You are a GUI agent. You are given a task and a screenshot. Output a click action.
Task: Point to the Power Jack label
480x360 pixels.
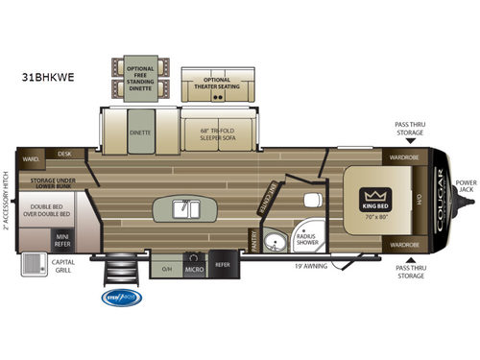[x=466, y=186]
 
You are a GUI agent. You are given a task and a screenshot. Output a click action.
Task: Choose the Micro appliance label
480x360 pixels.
[x=193, y=266]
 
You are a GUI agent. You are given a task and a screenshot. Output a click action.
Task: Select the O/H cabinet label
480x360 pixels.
[x=166, y=266]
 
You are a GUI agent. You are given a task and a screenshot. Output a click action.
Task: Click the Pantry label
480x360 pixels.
[x=254, y=237]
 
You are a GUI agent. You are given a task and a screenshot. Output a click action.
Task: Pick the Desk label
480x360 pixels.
[x=65, y=154]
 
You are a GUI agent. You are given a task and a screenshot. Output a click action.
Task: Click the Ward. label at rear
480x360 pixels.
[x=31, y=157]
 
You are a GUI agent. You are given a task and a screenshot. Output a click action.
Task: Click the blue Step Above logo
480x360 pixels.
[x=122, y=298]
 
